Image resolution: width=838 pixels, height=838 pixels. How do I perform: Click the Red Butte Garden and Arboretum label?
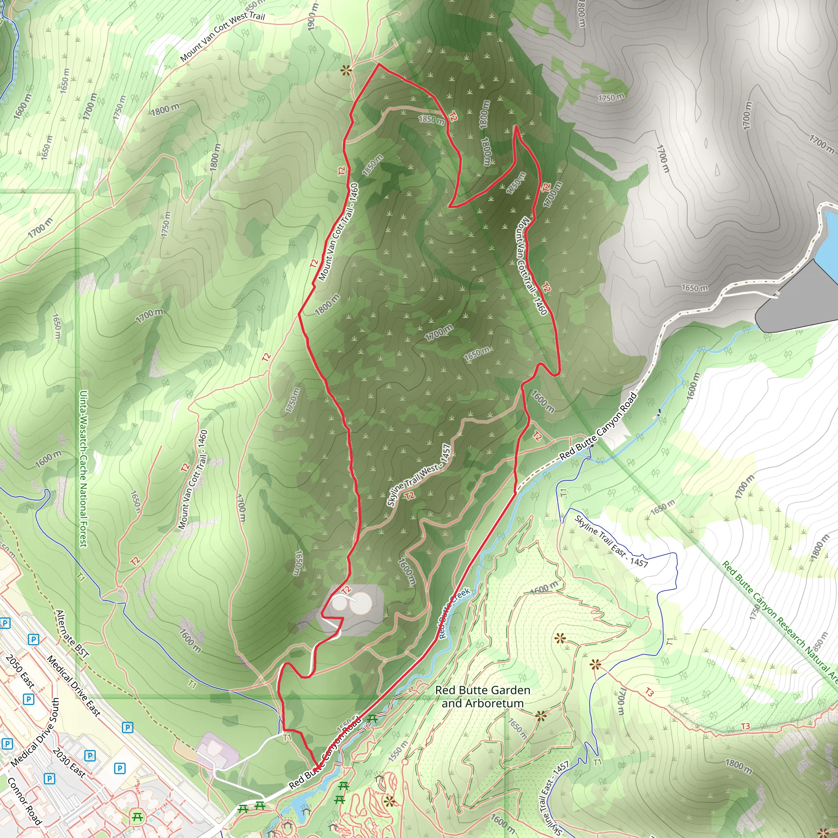click(482, 696)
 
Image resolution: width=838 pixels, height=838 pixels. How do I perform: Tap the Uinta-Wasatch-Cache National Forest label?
click(83, 469)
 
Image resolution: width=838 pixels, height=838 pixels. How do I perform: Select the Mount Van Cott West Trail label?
click(222, 36)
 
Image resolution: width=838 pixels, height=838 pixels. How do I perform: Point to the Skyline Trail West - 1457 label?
click(419, 475)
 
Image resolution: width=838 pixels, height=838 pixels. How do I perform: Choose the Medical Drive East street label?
click(73, 685)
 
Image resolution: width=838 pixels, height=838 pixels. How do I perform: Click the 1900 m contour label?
click(312, 17)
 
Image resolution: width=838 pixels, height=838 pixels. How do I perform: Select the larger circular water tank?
click(360, 604)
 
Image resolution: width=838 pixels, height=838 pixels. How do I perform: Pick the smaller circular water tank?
click(340, 604)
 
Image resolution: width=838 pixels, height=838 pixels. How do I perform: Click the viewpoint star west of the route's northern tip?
click(346, 70)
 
